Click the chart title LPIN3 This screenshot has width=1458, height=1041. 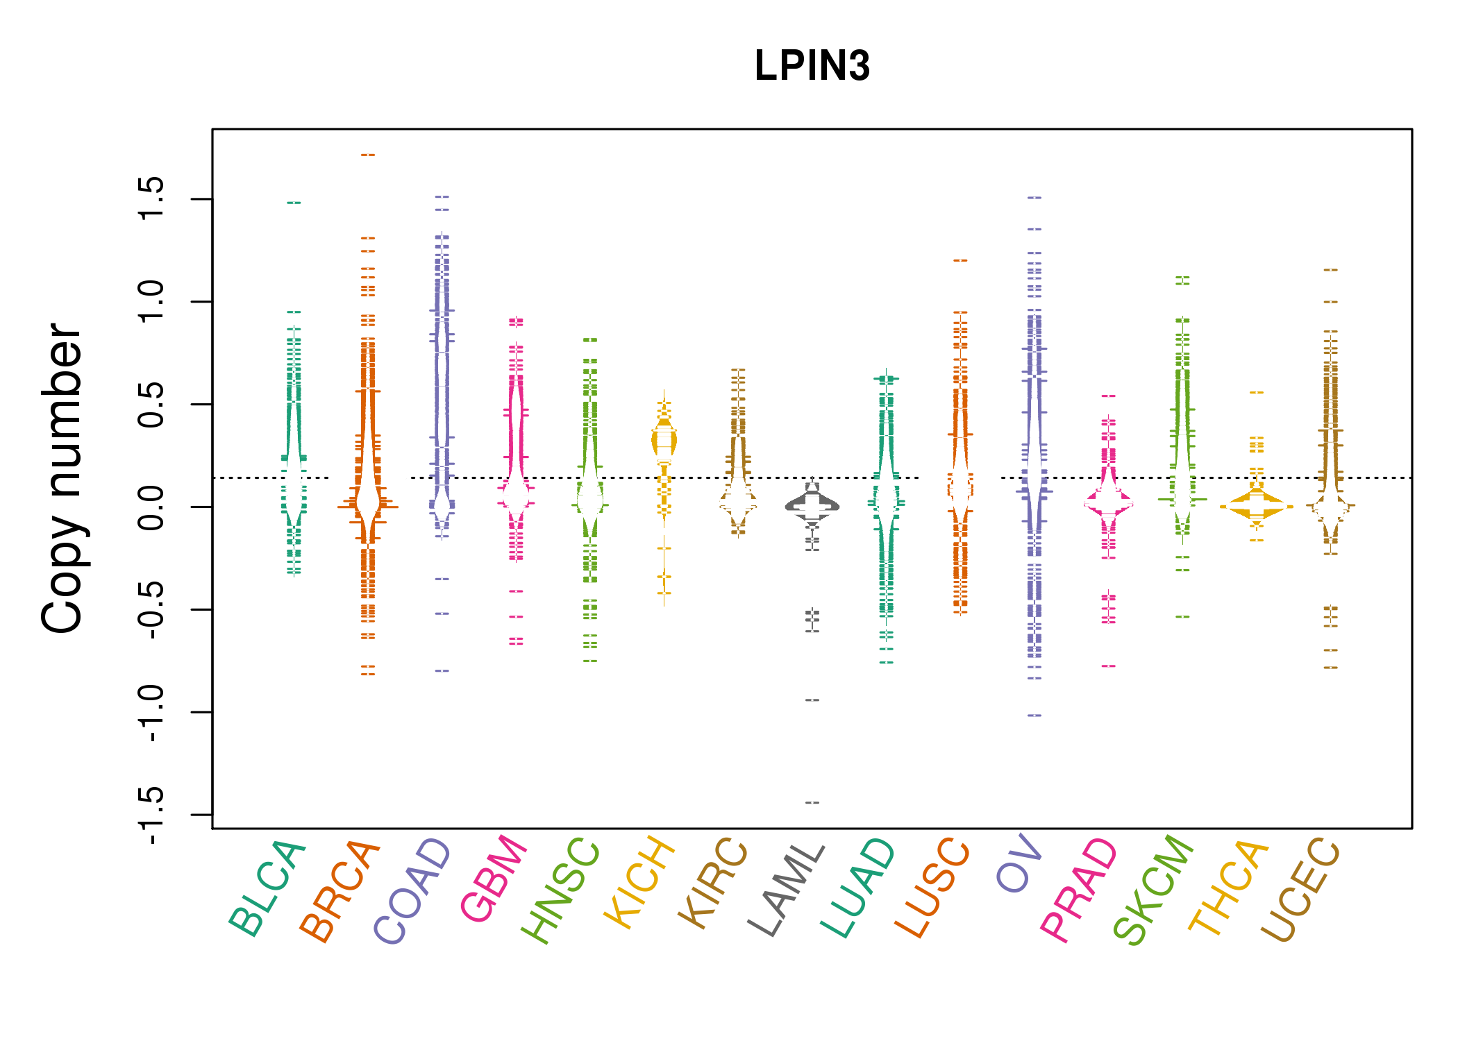point(812,66)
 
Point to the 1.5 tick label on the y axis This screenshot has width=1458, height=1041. point(151,198)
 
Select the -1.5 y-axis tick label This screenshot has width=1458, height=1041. point(151,815)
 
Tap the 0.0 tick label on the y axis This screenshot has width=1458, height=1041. point(151,507)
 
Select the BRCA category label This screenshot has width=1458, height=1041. point(340,891)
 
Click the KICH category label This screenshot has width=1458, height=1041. point(639,883)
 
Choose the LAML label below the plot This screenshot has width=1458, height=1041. point(786,890)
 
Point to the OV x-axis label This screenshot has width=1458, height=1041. point(1019,865)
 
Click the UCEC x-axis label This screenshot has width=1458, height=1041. point(1299,890)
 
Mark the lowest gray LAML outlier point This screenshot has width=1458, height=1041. point(812,802)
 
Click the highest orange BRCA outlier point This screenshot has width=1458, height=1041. point(368,155)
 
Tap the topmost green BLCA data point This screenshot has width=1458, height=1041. point(294,203)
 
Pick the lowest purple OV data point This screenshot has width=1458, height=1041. point(1034,715)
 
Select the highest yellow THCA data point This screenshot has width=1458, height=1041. point(1257,393)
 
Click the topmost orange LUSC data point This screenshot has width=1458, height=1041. point(960,260)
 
